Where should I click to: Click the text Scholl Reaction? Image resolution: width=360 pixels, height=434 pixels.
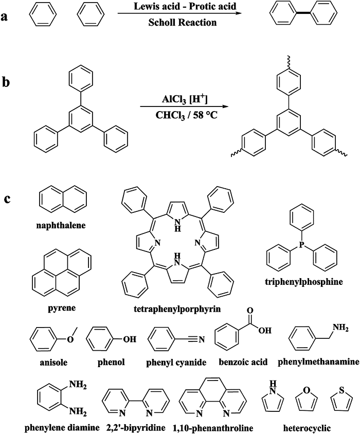coord(182,22)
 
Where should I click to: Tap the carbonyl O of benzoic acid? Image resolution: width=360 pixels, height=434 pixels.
coord(250,312)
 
